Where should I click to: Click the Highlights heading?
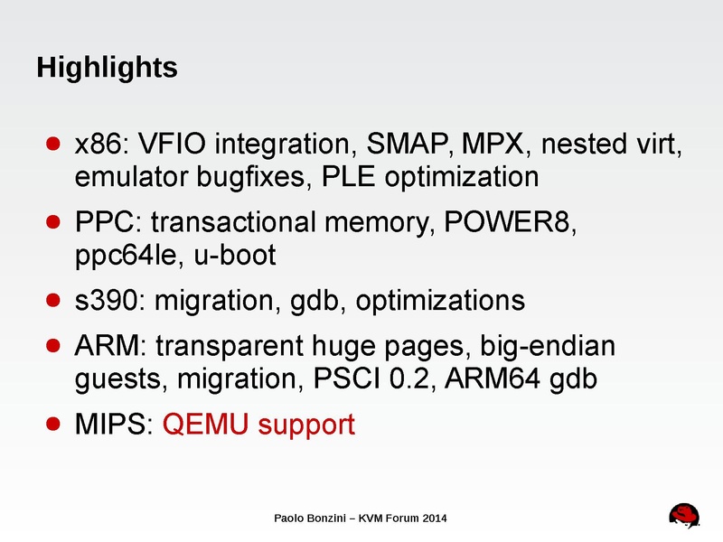point(106,68)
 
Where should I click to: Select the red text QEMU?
point(205,424)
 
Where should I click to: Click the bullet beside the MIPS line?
point(53,424)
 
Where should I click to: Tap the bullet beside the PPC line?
point(53,223)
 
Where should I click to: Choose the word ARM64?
point(497,379)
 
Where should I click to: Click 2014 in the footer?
point(432,518)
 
